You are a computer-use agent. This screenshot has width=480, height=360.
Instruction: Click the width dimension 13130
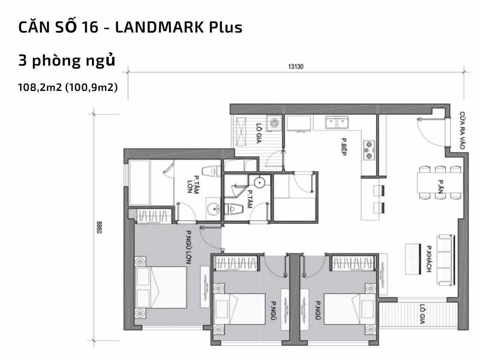[x=296, y=67]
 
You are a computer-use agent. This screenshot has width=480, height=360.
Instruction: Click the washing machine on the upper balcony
[x=274, y=123]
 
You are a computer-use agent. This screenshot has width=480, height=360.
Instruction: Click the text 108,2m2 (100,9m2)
[x=67, y=87]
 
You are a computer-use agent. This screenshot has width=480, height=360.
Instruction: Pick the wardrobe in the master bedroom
[x=153, y=216]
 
